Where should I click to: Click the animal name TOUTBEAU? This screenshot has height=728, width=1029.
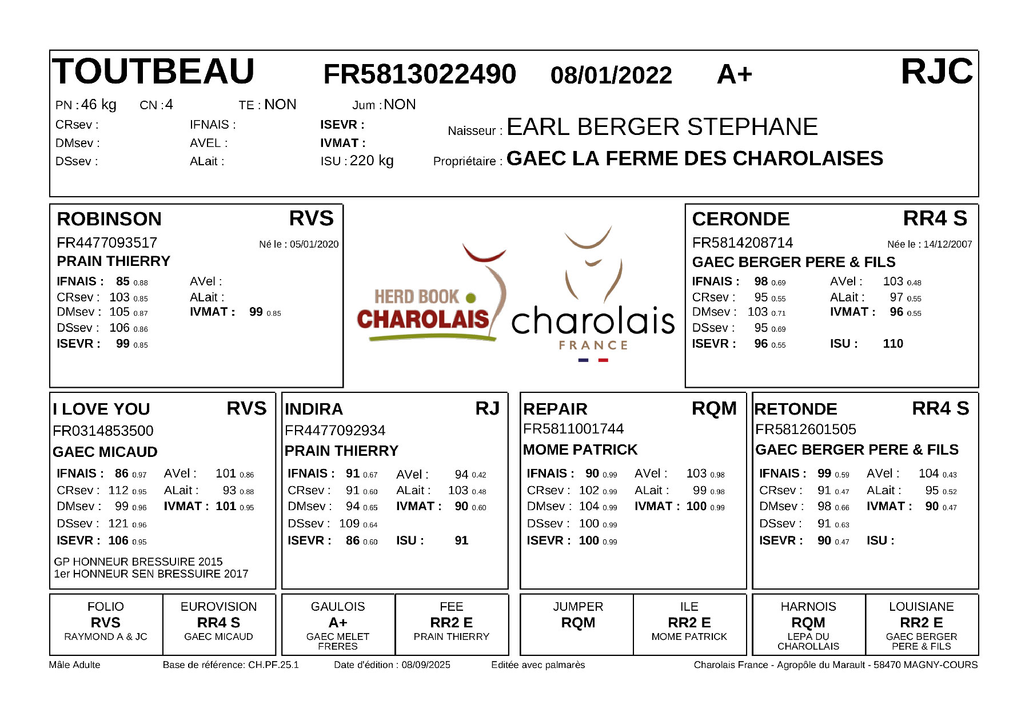[x=153, y=72]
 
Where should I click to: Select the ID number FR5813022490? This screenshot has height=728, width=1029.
[x=420, y=74]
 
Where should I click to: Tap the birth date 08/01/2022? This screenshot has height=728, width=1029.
[x=611, y=75]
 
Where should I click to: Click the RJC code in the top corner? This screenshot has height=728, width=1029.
[x=936, y=72]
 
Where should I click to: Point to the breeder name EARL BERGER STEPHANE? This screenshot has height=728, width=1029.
[x=662, y=127]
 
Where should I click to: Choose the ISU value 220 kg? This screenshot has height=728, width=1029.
[x=372, y=161]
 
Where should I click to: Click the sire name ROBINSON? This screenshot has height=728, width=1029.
[x=109, y=219]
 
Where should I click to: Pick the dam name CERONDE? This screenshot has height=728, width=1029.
[x=740, y=219]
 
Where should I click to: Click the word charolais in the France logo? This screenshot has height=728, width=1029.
[x=593, y=321]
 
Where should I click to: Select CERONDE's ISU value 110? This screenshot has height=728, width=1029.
[x=893, y=344]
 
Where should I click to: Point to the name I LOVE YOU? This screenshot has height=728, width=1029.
[x=101, y=409]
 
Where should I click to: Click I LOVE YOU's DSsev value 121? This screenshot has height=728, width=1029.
[x=118, y=523]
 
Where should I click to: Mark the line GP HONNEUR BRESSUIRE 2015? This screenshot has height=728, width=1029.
[x=138, y=562]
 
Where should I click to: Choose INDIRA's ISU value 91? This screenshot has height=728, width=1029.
[x=461, y=540]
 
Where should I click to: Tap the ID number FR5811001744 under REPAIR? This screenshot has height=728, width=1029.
[x=573, y=429]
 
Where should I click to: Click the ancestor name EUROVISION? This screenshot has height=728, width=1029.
[x=218, y=607]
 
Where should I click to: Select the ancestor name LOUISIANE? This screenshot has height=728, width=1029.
[x=921, y=607]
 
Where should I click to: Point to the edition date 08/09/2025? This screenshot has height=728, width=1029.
[x=426, y=665]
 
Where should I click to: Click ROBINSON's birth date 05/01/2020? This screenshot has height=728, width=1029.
[x=314, y=244]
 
